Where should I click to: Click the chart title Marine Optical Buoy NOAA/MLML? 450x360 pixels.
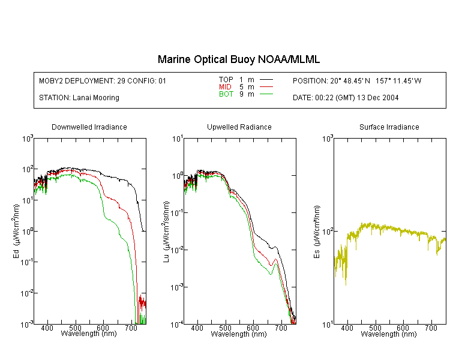click(x=239, y=59)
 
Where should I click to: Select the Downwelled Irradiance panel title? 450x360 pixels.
click(x=89, y=127)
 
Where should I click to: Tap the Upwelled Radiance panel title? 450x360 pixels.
click(x=239, y=127)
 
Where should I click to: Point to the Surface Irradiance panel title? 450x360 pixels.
click(x=389, y=127)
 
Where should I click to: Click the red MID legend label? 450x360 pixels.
click(x=225, y=86)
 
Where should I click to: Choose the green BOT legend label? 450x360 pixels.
click(x=226, y=94)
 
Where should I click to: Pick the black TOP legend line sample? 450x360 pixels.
click(x=266, y=80)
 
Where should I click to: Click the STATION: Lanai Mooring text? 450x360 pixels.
click(x=79, y=98)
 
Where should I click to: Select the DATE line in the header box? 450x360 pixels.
click(x=346, y=98)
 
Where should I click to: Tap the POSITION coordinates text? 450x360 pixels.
click(x=357, y=81)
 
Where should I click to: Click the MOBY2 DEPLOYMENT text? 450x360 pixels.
click(x=103, y=81)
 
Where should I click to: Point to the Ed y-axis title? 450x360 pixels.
click(x=16, y=232)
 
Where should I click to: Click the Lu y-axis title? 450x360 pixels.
click(x=166, y=232)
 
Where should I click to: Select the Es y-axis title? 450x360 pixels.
click(x=317, y=232)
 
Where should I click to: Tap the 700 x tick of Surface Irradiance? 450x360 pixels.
click(x=431, y=328)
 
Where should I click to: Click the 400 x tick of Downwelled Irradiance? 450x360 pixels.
click(x=47, y=328)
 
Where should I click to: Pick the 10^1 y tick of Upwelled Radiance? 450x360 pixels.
click(x=178, y=139)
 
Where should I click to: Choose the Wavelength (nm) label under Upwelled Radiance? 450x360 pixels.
click(x=239, y=334)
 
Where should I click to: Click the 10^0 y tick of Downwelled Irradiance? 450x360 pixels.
click(x=27, y=231)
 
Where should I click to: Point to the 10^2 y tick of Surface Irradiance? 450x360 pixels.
click(x=328, y=231)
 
